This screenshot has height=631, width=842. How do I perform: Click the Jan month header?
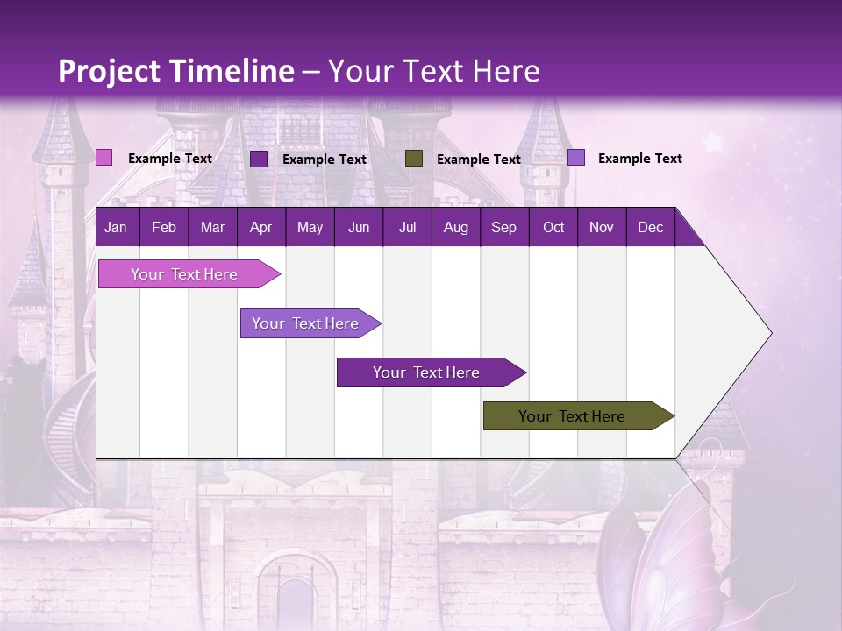(116, 228)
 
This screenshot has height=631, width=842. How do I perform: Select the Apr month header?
(260, 228)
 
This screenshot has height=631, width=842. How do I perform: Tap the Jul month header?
(407, 228)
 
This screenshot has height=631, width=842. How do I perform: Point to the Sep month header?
(503, 228)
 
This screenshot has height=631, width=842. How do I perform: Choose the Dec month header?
(650, 228)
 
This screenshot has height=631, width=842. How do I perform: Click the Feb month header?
(164, 228)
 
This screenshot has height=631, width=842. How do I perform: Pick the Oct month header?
(553, 228)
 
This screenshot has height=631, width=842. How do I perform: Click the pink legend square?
(104, 158)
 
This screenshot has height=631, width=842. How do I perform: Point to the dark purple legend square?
(259, 159)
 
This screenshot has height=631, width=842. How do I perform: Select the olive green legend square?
(414, 159)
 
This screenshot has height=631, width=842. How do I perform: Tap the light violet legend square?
(576, 158)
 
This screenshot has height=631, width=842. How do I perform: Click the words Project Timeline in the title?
(175, 71)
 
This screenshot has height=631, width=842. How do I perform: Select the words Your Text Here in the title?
(434, 71)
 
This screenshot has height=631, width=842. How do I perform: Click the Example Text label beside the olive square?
(478, 160)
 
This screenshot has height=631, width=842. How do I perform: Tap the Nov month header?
(602, 228)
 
